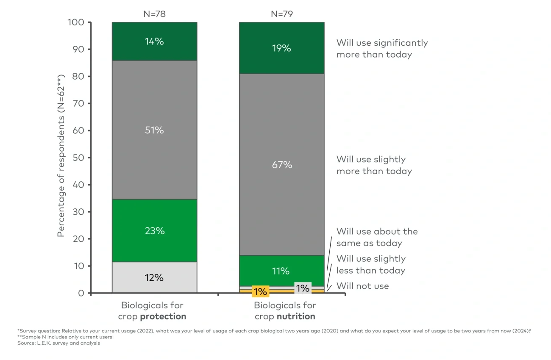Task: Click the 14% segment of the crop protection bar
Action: (154, 42)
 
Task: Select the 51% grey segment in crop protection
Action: (154, 130)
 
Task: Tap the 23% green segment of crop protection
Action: (154, 231)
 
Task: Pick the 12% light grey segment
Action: (154, 277)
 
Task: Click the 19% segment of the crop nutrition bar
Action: (281, 48)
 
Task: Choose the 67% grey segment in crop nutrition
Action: (281, 165)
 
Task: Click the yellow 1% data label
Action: (260, 291)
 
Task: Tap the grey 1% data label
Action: (303, 288)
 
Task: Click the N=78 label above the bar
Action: (154, 14)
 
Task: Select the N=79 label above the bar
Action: (282, 14)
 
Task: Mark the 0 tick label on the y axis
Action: (81, 293)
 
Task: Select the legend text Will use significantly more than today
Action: (382, 49)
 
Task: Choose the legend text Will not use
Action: (362, 286)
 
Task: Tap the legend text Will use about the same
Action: (377, 237)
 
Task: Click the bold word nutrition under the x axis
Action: (296, 316)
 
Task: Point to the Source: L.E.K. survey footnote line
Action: (58, 343)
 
